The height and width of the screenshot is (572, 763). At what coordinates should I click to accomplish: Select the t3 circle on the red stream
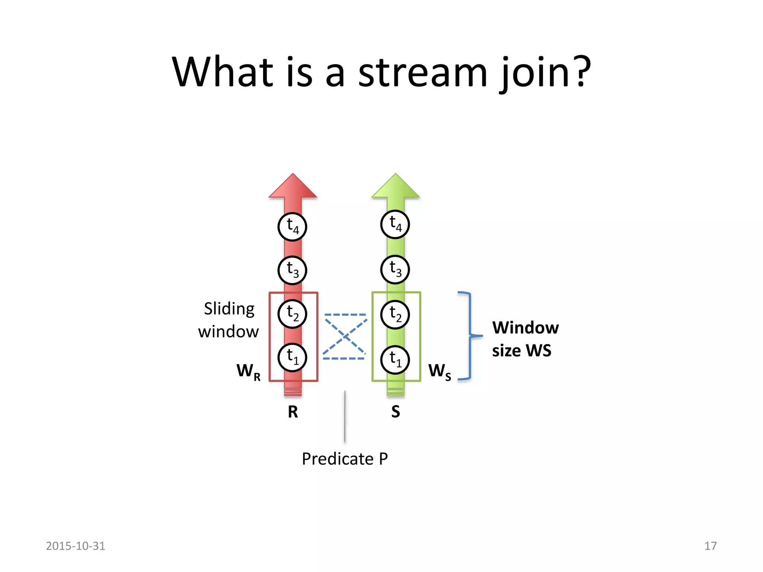tap(292, 270)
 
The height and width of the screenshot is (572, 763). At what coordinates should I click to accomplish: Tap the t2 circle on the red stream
tap(292, 314)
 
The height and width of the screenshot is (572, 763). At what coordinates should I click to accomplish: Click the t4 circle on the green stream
tap(395, 225)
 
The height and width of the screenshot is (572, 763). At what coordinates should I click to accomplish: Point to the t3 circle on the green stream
tap(395, 270)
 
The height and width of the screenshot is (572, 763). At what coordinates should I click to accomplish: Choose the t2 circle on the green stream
tap(395, 315)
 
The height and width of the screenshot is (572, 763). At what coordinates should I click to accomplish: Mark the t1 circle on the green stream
tap(395, 360)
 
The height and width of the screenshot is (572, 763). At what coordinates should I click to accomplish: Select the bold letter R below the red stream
tap(293, 412)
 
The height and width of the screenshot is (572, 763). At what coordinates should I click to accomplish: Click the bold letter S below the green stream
tap(396, 412)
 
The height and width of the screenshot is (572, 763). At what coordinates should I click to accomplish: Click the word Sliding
tap(229, 309)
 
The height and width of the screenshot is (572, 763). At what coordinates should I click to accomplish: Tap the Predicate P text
tap(345, 459)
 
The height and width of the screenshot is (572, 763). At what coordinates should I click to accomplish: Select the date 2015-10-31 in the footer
tap(76, 546)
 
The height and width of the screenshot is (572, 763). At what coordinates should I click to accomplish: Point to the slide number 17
tap(710, 546)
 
